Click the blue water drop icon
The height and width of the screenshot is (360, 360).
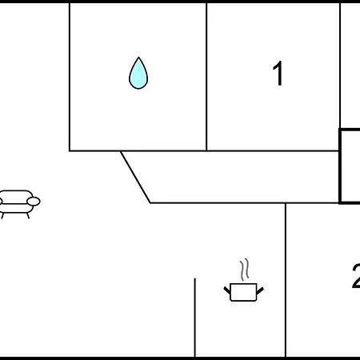[x=138, y=74]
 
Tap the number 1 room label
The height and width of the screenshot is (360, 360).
[x=278, y=74]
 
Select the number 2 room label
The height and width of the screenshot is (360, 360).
[x=356, y=276]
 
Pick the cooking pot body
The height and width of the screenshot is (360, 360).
[x=243, y=292]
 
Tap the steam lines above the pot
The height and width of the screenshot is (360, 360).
[x=245, y=270]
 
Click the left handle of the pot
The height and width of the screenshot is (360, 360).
[x=227, y=290]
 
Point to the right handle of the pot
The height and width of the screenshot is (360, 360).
[x=260, y=290]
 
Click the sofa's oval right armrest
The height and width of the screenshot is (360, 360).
[x=34, y=202]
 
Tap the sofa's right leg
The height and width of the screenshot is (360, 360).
[x=28, y=215]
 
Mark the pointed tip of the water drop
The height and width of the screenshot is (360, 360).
[x=138, y=57]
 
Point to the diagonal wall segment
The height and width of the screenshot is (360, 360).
[x=135, y=177]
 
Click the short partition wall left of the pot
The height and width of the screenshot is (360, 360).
[x=195, y=318]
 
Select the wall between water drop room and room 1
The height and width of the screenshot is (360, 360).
[x=206, y=77]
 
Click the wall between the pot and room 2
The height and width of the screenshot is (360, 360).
[x=286, y=280]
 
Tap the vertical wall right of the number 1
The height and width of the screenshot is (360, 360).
[x=340, y=66]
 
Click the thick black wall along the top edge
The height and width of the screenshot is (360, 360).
[x=180, y=2]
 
